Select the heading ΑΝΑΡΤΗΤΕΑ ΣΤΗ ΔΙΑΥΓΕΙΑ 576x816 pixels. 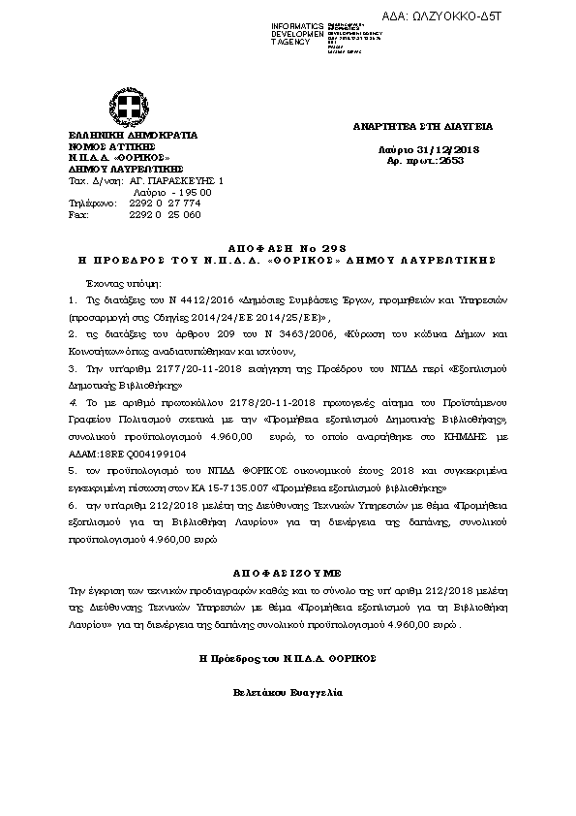423,126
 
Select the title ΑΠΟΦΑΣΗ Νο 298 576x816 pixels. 287,249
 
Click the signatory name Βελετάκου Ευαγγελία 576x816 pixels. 287,694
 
